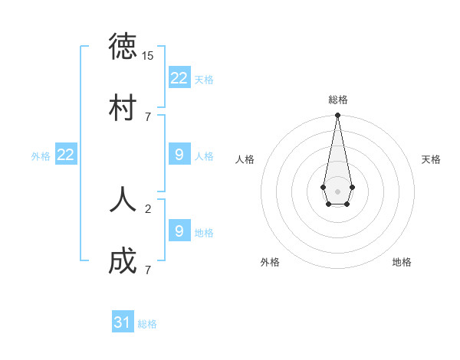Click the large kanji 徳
(123, 47)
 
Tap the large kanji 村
(123, 107)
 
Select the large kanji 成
(123, 261)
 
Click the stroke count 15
(148, 56)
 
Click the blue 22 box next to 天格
(179, 77)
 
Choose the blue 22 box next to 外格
(66, 155)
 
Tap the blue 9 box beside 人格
(179, 155)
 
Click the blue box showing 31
(123, 322)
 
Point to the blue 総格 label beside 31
(147, 324)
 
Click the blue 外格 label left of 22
(41, 156)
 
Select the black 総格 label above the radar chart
(337, 100)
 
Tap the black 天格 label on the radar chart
(431, 159)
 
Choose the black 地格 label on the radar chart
(402, 262)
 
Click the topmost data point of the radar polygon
(337, 116)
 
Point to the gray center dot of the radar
(337, 191)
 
